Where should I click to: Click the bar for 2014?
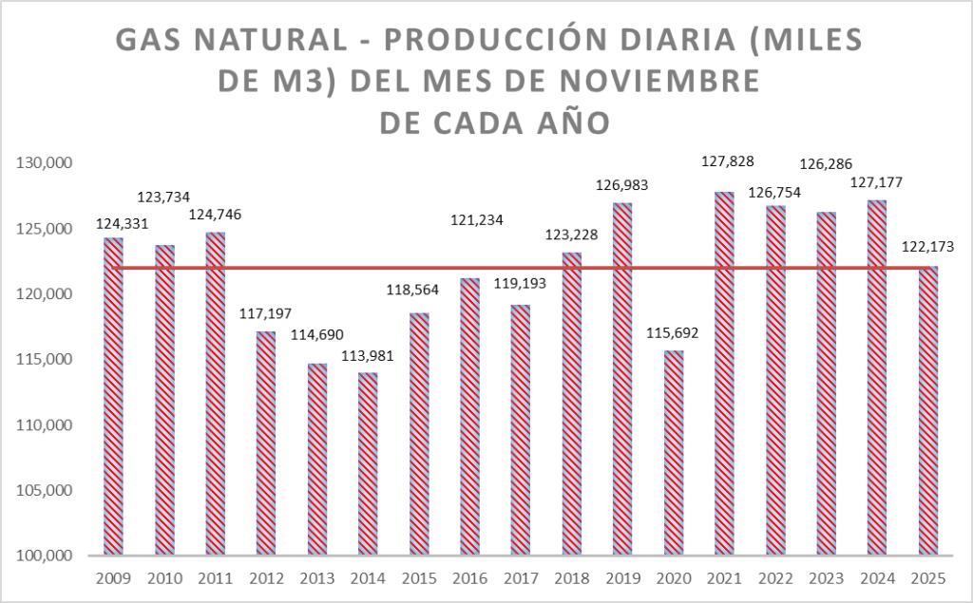pyautogui.click(x=368, y=464)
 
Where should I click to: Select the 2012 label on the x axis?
pyautogui.click(x=266, y=578)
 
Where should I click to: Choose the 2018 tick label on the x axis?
pyautogui.click(x=571, y=578)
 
